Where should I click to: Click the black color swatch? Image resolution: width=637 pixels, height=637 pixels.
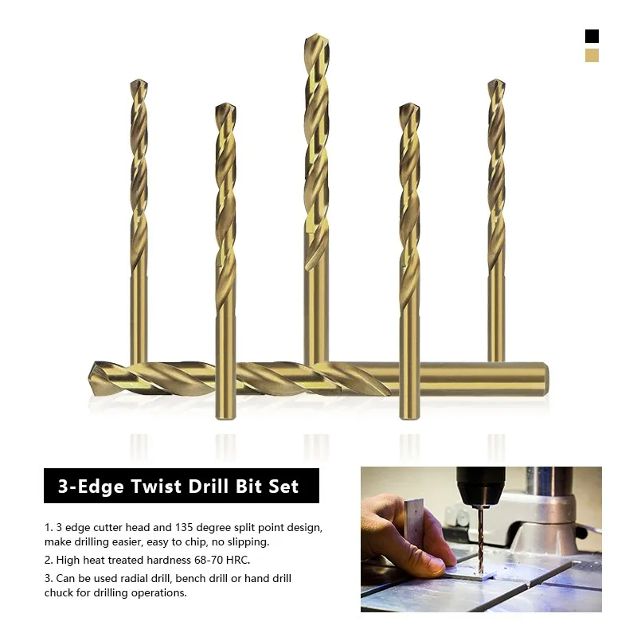(592, 36)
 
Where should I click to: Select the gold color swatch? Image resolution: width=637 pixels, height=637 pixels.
(592, 55)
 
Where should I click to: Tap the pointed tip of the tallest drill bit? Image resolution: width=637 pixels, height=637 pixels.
(316, 34)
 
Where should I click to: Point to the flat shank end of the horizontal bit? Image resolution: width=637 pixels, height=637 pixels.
(546, 379)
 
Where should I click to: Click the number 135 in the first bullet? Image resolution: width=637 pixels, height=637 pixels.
(184, 527)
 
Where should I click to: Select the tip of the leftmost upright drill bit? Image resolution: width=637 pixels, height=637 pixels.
(139, 80)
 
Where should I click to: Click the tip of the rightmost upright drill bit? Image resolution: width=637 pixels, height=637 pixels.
(496, 80)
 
